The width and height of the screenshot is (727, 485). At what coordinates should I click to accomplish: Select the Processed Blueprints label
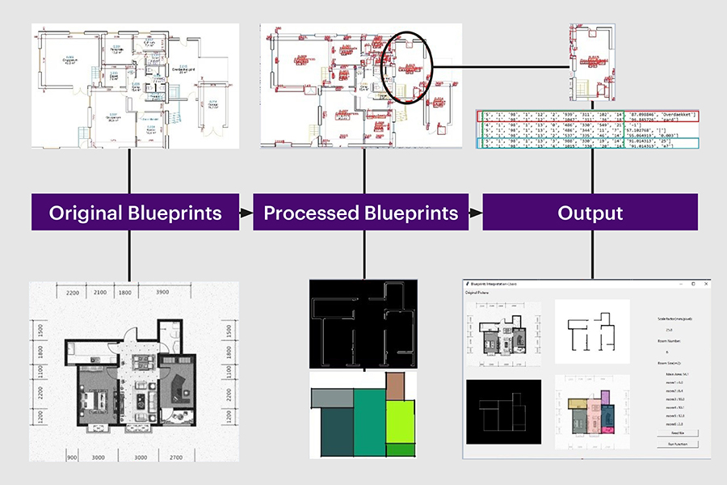pyautogui.click(x=361, y=213)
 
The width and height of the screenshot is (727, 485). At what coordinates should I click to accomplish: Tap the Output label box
pyautogui.click(x=590, y=213)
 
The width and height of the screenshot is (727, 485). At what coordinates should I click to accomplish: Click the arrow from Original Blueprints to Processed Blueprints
pyautogui.click(x=244, y=213)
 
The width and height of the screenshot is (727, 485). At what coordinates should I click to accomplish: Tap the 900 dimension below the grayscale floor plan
pyautogui.click(x=71, y=458)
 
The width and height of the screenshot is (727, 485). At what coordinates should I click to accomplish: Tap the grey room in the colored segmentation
pyautogui.click(x=331, y=398)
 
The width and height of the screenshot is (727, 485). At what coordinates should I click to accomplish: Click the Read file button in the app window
pyautogui.click(x=677, y=433)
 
